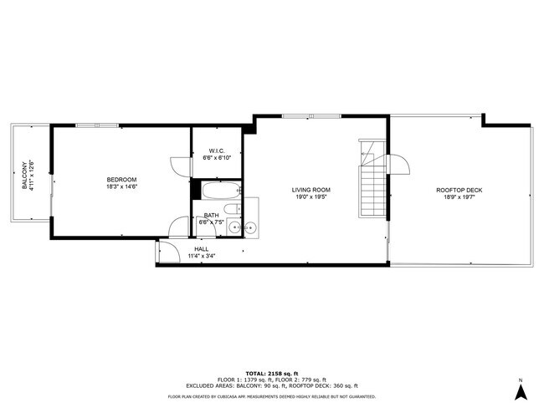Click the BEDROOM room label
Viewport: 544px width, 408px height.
pyautogui.click(x=121, y=180)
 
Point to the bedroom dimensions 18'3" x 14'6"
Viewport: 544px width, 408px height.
pyautogui.click(x=121, y=187)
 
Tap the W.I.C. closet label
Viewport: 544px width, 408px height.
pyautogui.click(x=217, y=151)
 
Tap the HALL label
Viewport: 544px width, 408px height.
pyautogui.click(x=202, y=248)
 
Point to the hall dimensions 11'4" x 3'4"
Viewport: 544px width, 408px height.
pyautogui.click(x=202, y=255)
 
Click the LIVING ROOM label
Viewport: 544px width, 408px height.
pyautogui.click(x=311, y=190)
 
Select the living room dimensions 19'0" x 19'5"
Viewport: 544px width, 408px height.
pyautogui.click(x=311, y=197)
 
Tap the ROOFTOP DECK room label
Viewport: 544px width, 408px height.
pyautogui.click(x=459, y=190)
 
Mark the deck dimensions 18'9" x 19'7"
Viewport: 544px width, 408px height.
pyautogui.click(x=459, y=197)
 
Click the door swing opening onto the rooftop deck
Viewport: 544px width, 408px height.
pyautogui.click(x=399, y=161)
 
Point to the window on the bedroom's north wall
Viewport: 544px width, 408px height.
pyautogui.click(x=96, y=125)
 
